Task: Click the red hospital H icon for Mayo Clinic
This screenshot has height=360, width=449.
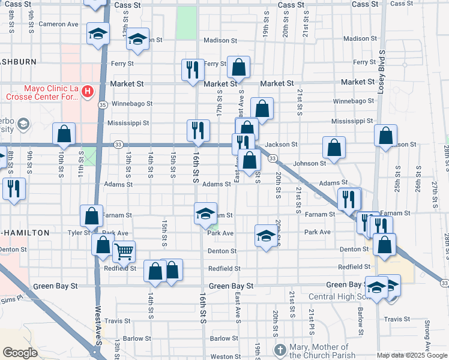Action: click(88, 92)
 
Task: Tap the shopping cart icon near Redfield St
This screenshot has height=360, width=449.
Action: click(124, 251)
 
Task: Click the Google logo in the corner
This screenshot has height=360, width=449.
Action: click(20, 353)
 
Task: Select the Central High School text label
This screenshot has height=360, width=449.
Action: click(339, 296)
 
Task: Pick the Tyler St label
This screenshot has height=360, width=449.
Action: click(79, 232)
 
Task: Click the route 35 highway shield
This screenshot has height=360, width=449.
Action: click(103, 105)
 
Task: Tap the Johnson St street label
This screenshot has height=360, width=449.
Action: click(309, 163)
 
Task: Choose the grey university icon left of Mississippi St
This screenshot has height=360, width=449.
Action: click(23, 124)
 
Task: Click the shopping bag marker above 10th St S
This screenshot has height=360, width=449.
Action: click(64, 134)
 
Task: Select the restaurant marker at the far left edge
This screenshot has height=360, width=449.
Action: click(13, 188)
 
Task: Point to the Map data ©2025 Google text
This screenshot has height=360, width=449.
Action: click(411, 355)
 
